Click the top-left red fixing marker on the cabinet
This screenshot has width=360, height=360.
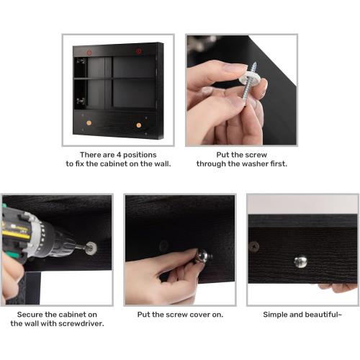[89, 53]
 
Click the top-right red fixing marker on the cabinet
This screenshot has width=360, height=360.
[139, 52]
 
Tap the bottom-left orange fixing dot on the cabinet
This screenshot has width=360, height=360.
[89, 124]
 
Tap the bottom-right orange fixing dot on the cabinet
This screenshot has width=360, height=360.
[139, 125]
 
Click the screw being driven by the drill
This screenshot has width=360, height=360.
[91, 249]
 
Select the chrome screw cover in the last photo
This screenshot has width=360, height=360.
[300, 261]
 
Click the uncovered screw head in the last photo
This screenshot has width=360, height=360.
[254, 245]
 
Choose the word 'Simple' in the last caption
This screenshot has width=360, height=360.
[278, 315]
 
